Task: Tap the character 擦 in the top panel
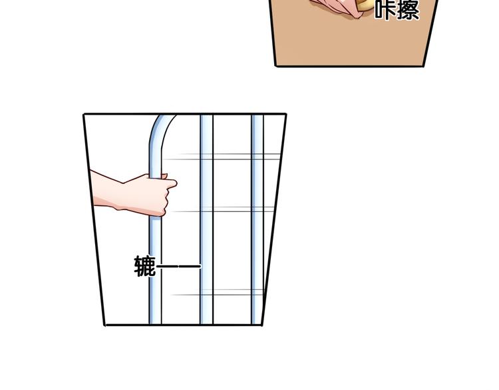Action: click(x=408, y=9)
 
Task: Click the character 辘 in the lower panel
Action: click(x=145, y=266)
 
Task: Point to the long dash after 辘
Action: click(x=179, y=266)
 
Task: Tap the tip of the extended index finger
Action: click(x=176, y=183)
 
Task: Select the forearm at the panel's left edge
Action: click(x=107, y=191)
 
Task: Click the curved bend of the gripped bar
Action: click(x=158, y=130)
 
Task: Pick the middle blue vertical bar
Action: click(x=206, y=219)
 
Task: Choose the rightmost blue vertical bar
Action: click(x=257, y=219)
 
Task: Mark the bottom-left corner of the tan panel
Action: click(x=275, y=66)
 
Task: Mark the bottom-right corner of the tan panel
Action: click(x=424, y=66)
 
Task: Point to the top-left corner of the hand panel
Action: click(x=84, y=114)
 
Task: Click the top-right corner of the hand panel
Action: click(x=286, y=114)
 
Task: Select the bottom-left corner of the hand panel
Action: click(x=105, y=325)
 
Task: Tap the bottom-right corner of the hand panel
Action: click(x=261, y=325)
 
